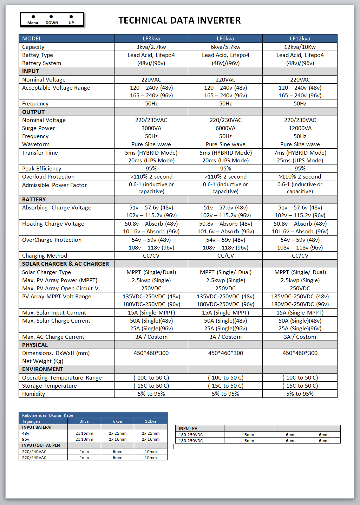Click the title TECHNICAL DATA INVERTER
(179, 20)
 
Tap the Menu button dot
(33, 17)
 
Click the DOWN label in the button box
(52, 23)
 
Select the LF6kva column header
(225, 39)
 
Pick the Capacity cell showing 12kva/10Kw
(300, 47)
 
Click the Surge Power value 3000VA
(151, 128)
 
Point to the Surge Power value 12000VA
(300, 128)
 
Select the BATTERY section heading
(34, 200)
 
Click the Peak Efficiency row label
(41, 169)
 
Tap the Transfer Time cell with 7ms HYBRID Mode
(300, 153)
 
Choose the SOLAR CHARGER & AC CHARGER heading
(65, 264)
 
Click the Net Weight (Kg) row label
(42, 361)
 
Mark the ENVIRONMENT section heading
(42, 369)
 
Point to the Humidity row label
(33, 394)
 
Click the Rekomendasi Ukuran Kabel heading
(48, 415)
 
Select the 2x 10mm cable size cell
(84, 439)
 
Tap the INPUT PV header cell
(188, 428)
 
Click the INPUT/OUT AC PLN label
(41, 445)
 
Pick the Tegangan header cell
(31, 421)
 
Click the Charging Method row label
(45, 256)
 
